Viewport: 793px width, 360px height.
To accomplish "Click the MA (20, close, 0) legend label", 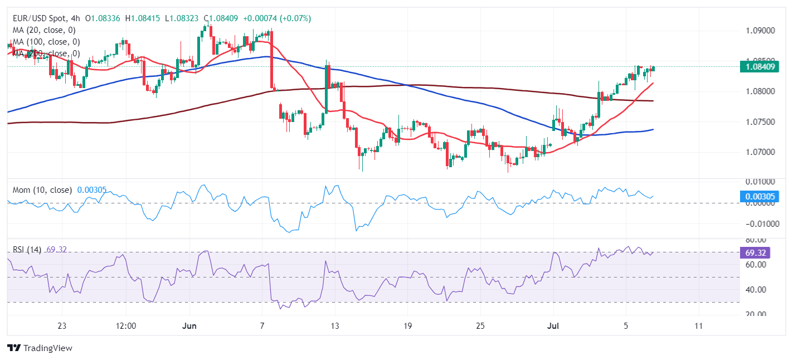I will [x=44, y=30].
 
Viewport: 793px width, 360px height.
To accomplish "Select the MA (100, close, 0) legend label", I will [x=46, y=42].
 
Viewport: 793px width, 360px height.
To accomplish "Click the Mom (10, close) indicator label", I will [x=42, y=190].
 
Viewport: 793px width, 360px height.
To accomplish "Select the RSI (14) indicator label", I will [x=27, y=250].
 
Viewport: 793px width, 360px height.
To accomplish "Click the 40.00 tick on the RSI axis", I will [x=756, y=290].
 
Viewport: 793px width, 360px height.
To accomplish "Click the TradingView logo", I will [x=40, y=348].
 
